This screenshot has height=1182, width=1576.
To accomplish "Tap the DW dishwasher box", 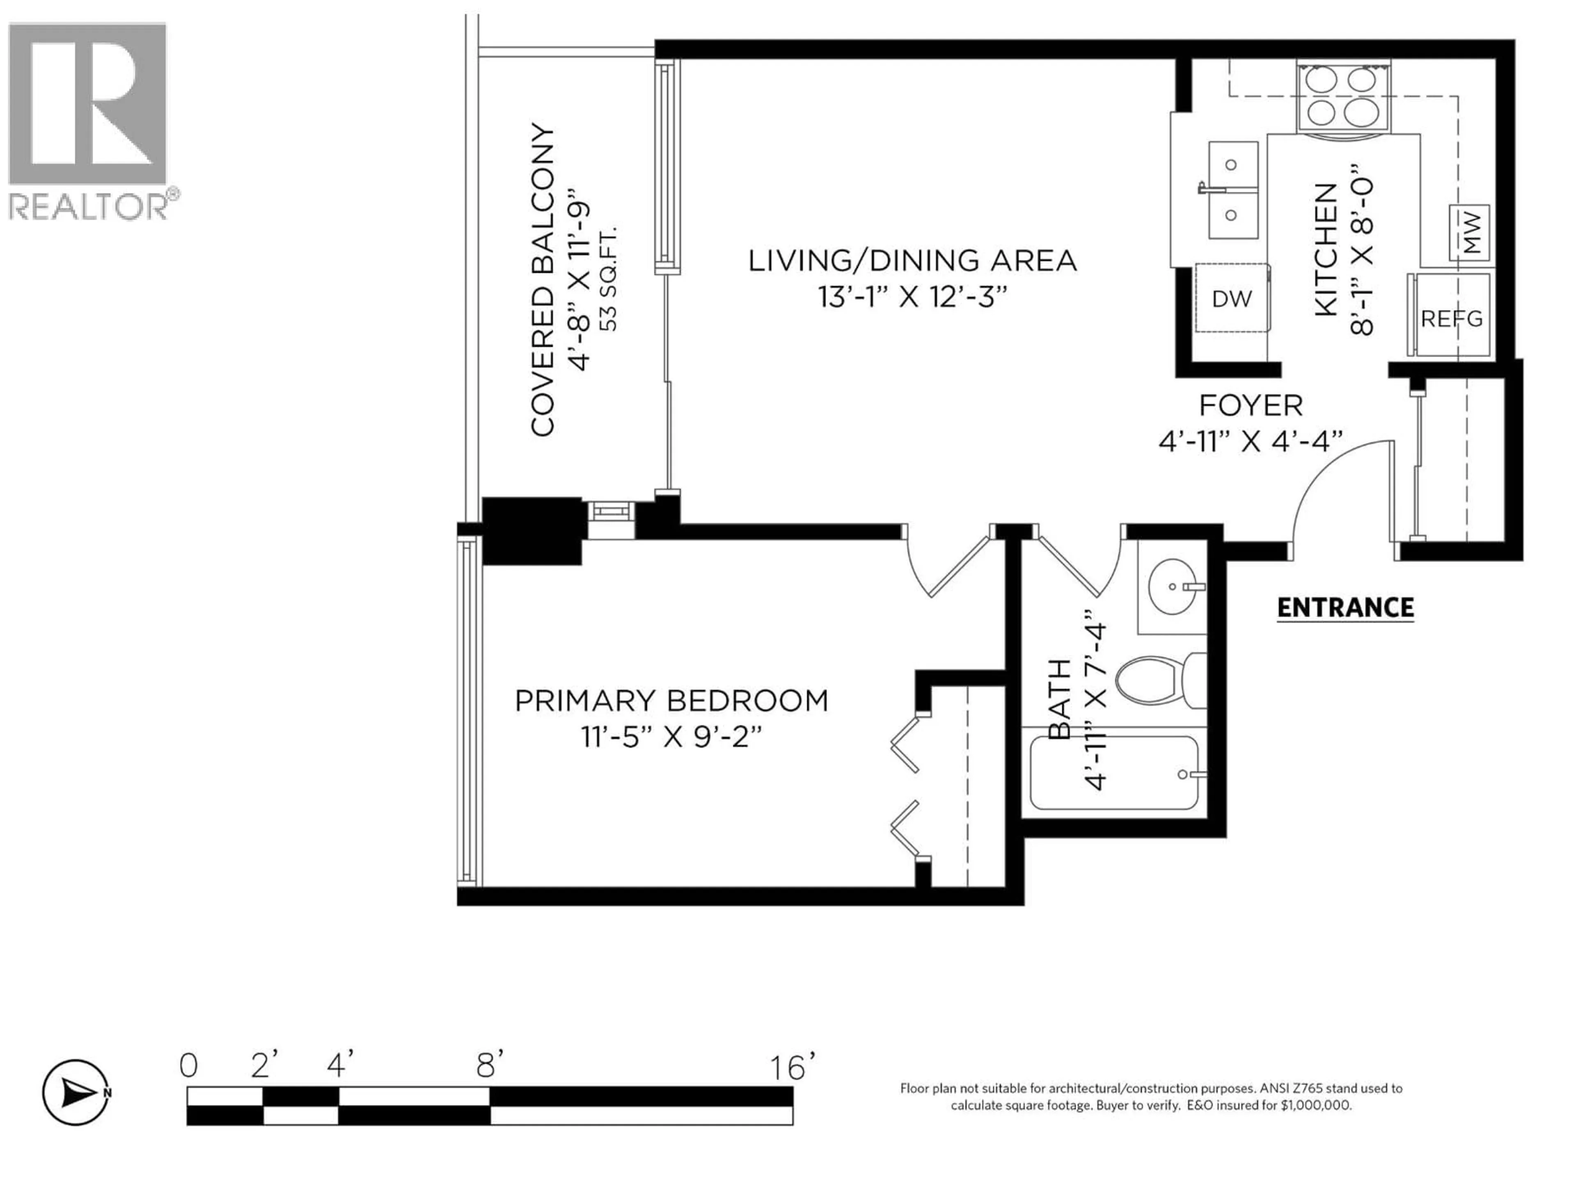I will (1231, 298).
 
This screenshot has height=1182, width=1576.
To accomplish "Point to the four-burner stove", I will (1343, 96).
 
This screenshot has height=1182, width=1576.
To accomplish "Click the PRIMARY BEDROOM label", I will (671, 701).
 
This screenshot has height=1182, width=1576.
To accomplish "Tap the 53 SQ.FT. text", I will (610, 279).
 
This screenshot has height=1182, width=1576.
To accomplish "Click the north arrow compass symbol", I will (76, 1092).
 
